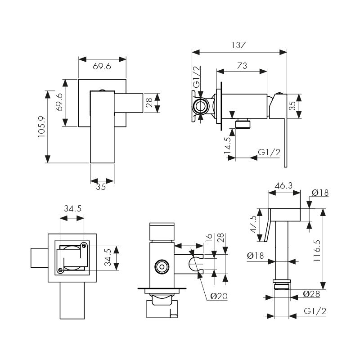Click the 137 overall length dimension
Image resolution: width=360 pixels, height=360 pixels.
[239, 45]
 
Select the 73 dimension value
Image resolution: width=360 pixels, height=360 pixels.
[242, 66]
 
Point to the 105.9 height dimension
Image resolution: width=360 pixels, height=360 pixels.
[41, 126]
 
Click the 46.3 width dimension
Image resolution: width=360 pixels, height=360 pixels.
[284, 185]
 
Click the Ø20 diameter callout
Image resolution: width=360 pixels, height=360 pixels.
[219, 296]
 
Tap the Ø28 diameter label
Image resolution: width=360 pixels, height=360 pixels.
[311, 294]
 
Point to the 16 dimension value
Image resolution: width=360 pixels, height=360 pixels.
[208, 238]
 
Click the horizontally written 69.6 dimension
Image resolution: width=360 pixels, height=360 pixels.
[102, 67]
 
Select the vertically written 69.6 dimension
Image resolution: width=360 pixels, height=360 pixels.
[58, 103]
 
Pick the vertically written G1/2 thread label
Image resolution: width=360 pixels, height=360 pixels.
[196, 78]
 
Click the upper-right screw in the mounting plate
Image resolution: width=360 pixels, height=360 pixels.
[84, 245]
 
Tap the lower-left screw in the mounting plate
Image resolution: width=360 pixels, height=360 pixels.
[60, 270]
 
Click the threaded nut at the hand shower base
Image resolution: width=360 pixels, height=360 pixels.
[282, 287]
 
